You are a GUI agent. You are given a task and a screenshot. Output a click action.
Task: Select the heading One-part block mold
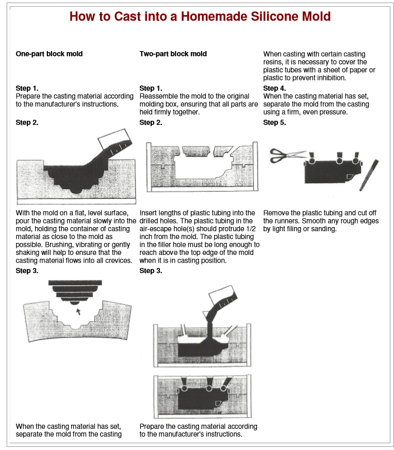pos(50,54)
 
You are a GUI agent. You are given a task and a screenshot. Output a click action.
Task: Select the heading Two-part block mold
pos(173,54)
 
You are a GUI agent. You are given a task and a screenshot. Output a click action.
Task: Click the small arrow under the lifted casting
pos(78,311)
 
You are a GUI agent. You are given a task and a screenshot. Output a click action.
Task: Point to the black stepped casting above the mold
pos(75,292)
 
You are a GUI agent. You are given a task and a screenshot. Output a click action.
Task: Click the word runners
pos(286,221)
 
